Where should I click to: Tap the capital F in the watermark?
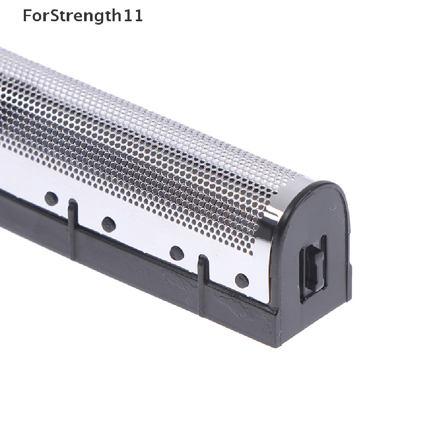tap(27, 16)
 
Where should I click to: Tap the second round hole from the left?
tap(108, 224)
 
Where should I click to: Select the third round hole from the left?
tap(177, 253)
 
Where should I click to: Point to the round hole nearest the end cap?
tap(242, 280)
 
